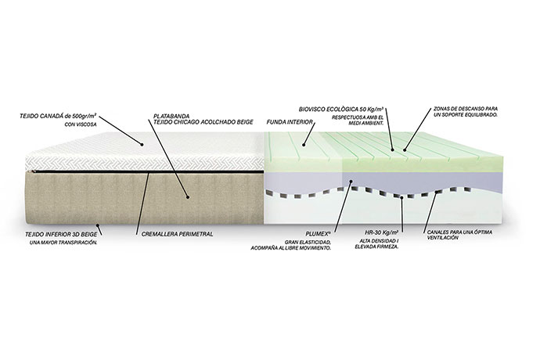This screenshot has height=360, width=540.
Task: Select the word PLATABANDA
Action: (x=170, y=115)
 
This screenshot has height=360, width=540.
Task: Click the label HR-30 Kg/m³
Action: (x=382, y=232)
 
